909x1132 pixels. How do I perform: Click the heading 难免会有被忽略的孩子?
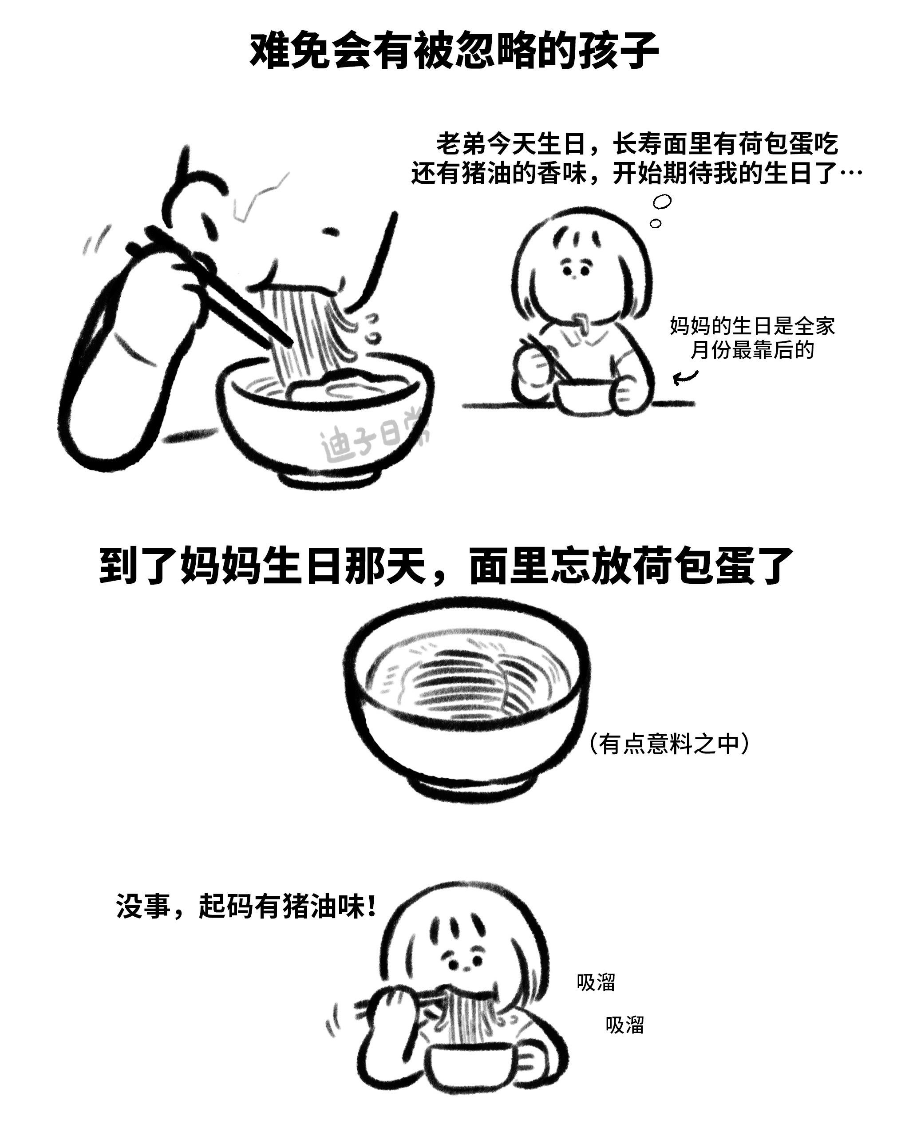coord(454,51)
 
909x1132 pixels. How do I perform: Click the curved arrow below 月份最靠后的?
coord(685,377)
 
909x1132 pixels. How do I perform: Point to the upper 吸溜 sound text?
coord(596,982)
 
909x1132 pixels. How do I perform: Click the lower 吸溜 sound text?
coord(624,1025)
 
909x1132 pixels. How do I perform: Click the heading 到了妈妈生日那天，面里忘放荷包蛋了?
coord(446,566)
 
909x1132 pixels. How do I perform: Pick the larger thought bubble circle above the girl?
coord(662,202)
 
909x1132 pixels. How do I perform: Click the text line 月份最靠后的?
coord(751,349)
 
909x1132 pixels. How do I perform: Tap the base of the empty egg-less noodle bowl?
coord(466,788)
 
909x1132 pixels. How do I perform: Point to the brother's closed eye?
coord(331,232)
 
